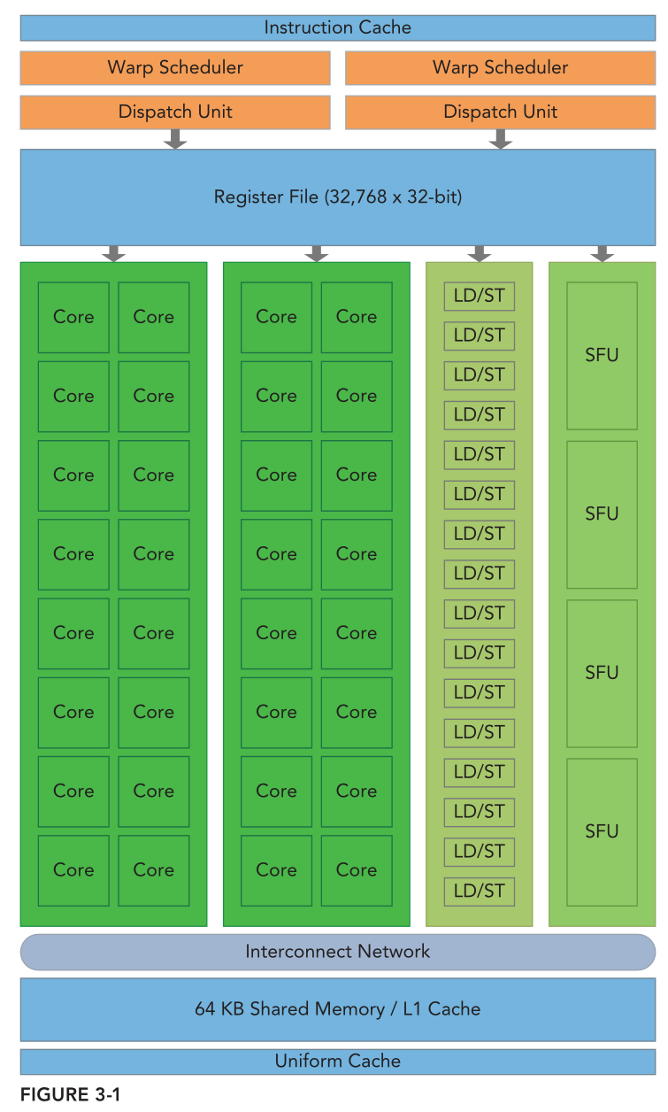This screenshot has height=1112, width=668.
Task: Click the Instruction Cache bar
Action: pos(337,27)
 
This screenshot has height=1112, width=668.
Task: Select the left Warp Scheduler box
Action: pos(175,67)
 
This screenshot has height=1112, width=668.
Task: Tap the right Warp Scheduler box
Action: pos(500,67)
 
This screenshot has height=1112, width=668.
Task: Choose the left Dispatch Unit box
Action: pos(175,112)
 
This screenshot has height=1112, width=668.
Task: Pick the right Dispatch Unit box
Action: pos(500,112)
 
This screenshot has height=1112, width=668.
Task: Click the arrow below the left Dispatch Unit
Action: pos(175,139)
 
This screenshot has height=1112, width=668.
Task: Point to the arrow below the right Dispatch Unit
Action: pos(501,139)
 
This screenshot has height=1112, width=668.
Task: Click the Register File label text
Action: pos(337,197)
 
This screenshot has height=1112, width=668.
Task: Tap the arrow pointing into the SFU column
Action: pos(603,253)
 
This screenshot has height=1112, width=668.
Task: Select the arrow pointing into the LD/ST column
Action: pos(479,253)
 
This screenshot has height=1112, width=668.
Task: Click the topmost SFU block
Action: pos(602,356)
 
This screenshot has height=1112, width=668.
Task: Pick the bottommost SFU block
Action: pos(602,831)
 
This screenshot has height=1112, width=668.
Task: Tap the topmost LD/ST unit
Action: pos(479,296)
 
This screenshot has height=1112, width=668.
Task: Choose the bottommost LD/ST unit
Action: pos(479,891)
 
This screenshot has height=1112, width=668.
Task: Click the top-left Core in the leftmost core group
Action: pos(73,317)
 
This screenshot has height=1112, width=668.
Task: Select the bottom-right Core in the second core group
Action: pos(357,870)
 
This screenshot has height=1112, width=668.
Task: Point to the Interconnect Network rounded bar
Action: pos(337,952)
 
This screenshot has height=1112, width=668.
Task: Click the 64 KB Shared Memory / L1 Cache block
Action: pos(337,1008)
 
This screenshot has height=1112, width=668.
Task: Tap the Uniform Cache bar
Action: pos(337,1061)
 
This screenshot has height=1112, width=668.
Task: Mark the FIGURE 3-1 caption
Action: pos(70,1095)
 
